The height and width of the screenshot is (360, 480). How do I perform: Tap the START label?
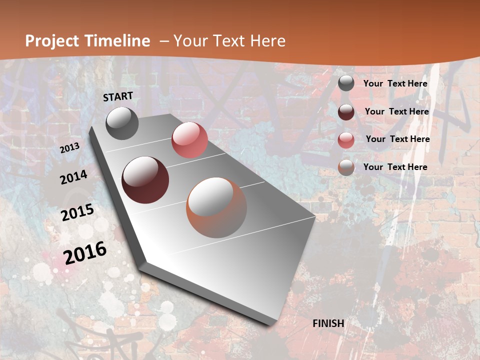point(118,96)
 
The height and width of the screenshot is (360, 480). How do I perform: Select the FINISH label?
point(328,323)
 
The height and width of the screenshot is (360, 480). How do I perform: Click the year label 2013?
point(70,147)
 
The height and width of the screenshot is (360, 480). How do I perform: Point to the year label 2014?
point(73,177)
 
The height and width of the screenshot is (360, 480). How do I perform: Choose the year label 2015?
point(77,212)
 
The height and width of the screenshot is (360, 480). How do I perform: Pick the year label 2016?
point(85,252)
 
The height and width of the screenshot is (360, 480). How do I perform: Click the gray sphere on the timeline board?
point(122,123)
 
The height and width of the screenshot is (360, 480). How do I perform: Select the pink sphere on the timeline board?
point(189,139)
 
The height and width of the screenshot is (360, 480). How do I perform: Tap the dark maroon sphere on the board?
point(145,180)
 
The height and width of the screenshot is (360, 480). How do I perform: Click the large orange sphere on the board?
point(216,207)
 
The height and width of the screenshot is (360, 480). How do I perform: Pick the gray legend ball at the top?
point(346,83)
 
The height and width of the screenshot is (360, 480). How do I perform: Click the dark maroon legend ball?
point(346,111)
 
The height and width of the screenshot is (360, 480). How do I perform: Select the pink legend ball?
point(346,139)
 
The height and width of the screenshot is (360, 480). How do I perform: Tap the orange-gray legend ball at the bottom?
point(346,167)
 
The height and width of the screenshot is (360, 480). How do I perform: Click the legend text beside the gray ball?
point(395,83)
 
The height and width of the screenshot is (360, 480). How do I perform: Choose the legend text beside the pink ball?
point(397,139)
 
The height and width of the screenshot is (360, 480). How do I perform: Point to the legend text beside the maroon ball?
point(396,111)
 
